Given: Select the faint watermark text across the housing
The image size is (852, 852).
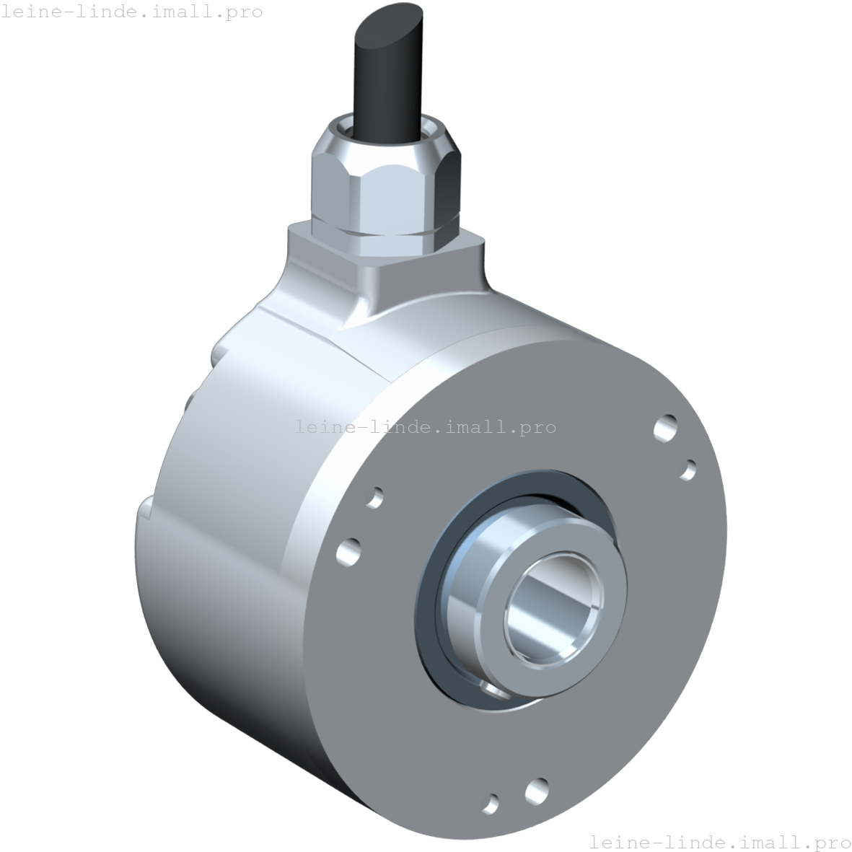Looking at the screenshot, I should [425, 426].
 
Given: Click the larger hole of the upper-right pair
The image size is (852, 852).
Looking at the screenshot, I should [666, 427].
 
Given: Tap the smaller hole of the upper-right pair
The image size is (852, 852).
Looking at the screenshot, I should [688, 470].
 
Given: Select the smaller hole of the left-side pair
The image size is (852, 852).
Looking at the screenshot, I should [374, 498].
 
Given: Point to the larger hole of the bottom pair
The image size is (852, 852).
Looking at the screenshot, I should [537, 791].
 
